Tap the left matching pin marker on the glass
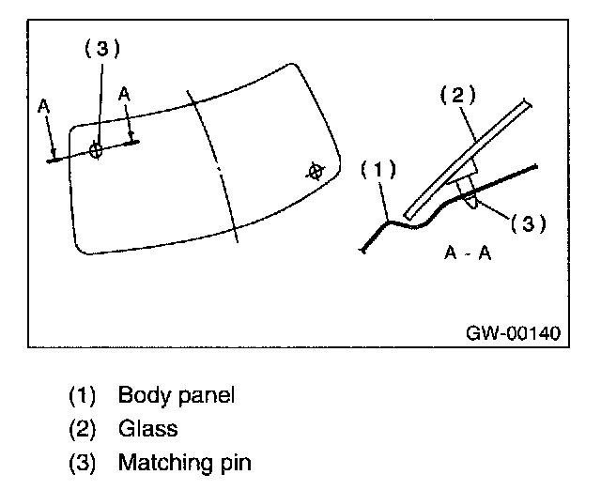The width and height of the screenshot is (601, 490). pos(96,150)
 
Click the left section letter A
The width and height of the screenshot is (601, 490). pos(44,108)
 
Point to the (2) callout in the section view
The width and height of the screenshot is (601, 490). pos(459,94)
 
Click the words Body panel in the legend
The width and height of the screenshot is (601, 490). pos(176,394)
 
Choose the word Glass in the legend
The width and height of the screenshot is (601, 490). pos(148,428)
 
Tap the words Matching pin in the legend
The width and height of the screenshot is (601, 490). pos(184,462)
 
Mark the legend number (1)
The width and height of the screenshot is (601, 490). pos(84,394)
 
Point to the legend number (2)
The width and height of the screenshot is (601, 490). pos(84,428)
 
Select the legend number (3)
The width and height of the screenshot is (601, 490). pos(84,462)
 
